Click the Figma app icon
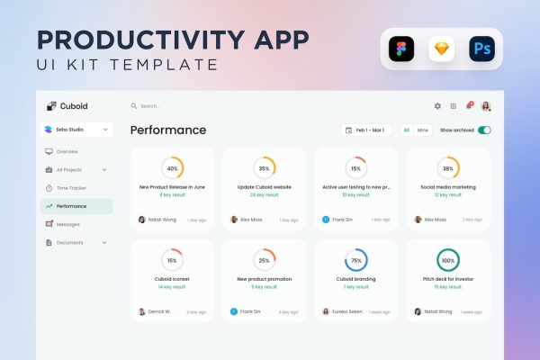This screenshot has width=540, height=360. pyautogui.click(x=401, y=49)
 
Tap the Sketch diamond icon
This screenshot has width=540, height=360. pyautogui.click(x=442, y=49)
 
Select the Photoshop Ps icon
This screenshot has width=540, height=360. pyautogui.click(x=481, y=49)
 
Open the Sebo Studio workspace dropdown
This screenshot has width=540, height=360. pyautogui.click(x=76, y=130)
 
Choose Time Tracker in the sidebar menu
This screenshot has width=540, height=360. pyautogui.click(x=71, y=188)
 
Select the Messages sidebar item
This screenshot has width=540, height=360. pyautogui.click(x=67, y=224)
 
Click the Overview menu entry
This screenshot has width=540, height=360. pyautogui.click(x=67, y=151)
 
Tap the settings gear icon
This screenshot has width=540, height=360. pyautogui.click(x=437, y=106)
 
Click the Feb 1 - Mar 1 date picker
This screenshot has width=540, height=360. pyautogui.click(x=367, y=130)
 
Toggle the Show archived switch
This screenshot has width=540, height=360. pyautogui.click(x=484, y=130)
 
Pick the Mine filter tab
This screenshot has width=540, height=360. pyautogui.click(x=422, y=130)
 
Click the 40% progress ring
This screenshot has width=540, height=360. pyautogui.click(x=172, y=168)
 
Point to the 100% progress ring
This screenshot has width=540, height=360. pyautogui.click(x=447, y=260)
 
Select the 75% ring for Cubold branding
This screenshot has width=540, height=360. pyautogui.click(x=355, y=260)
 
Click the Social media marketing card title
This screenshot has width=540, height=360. pyautogui.click(x=447, y=187)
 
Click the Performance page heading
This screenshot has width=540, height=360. pyautogui.click(x=168, y=130)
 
